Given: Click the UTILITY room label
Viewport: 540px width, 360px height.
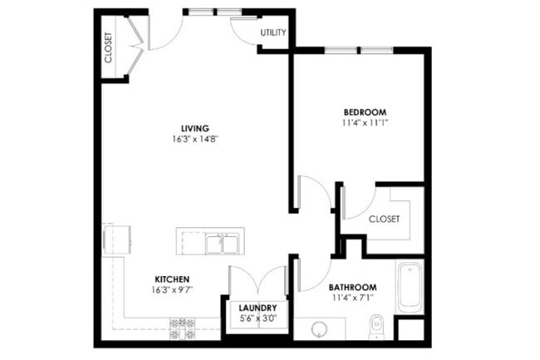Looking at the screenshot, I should click(x=273, y=32).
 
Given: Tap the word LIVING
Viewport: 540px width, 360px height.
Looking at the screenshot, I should click(x=195, y=128).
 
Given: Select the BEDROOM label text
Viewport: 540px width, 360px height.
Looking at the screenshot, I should click(x=365, y=111).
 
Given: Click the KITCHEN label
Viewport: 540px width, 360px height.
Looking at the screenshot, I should click(x=173, y=279).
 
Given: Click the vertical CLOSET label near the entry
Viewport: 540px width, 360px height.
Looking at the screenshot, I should click(x=109, y=48).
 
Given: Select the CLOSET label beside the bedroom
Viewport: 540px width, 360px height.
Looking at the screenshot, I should click(x=384, y=219).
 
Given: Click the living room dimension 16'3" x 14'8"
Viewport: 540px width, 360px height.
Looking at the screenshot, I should click(x=197, y=139).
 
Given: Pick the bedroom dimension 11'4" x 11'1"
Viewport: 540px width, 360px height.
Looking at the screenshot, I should click(x=366, y=122).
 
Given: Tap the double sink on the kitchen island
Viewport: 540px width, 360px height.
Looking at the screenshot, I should click(x=222, y=244).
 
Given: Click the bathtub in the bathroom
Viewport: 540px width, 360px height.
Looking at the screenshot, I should click(x=410, y=287).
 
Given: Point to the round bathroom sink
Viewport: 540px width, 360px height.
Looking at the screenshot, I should click(x=318, y=329).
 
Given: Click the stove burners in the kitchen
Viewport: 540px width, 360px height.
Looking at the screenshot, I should click(x=182, y=328).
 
